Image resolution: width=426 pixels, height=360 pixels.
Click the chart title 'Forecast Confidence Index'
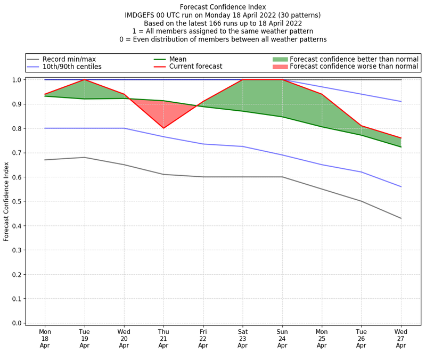click(x=223, y=7)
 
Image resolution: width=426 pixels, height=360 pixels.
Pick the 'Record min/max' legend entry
click(x=69, y=59)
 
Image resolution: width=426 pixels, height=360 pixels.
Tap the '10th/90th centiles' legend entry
click(x=72, y=67)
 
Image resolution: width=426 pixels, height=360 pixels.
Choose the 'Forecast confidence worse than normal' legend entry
click(x=354, y=67)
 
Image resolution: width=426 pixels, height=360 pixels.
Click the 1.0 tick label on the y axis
click(x=17, y=80)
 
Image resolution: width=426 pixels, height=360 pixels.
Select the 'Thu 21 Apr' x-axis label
click(x=163, y=338)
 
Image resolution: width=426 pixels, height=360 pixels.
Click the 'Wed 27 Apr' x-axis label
click(x=400, y=338)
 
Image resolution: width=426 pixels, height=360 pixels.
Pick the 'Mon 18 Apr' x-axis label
click(x=45, y=338)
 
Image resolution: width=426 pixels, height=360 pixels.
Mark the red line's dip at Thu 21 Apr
click(x=163, y=128)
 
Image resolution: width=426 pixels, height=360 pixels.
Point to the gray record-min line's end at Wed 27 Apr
click(x=400, y=218)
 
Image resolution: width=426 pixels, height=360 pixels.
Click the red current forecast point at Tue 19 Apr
click(x=85, y=80)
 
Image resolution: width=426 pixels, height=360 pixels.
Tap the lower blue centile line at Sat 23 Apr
click(x=243, y=146)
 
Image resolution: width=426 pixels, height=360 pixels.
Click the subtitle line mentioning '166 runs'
click(x=223, y=23)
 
